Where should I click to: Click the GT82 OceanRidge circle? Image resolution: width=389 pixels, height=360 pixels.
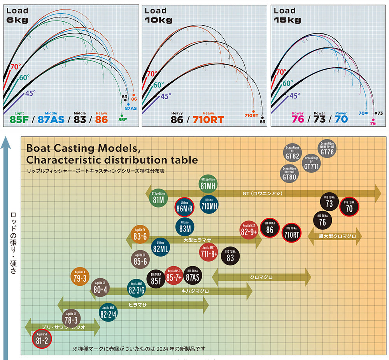click(293, 154)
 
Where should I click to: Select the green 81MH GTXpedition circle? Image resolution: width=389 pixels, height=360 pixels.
click(208, 183)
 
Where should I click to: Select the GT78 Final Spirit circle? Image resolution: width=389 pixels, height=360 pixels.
click(327, 149)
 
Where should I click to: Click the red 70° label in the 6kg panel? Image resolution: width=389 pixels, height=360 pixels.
click(16, 67)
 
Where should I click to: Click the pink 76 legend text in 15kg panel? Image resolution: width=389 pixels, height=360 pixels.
click(298, 119)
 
